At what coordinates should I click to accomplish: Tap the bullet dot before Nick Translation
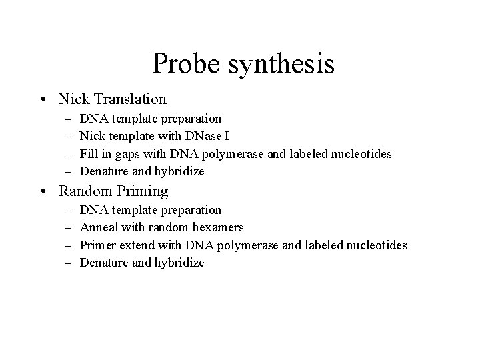click(43, 99)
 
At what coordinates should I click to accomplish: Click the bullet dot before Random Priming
click(43, 191)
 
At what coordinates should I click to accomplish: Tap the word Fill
click(89, 154)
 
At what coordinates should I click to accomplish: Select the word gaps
click(128, 155)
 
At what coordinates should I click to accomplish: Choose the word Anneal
click(98, 227)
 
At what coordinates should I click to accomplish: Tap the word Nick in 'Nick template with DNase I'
click(91, 136)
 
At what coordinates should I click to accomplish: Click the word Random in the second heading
click(83, 191)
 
